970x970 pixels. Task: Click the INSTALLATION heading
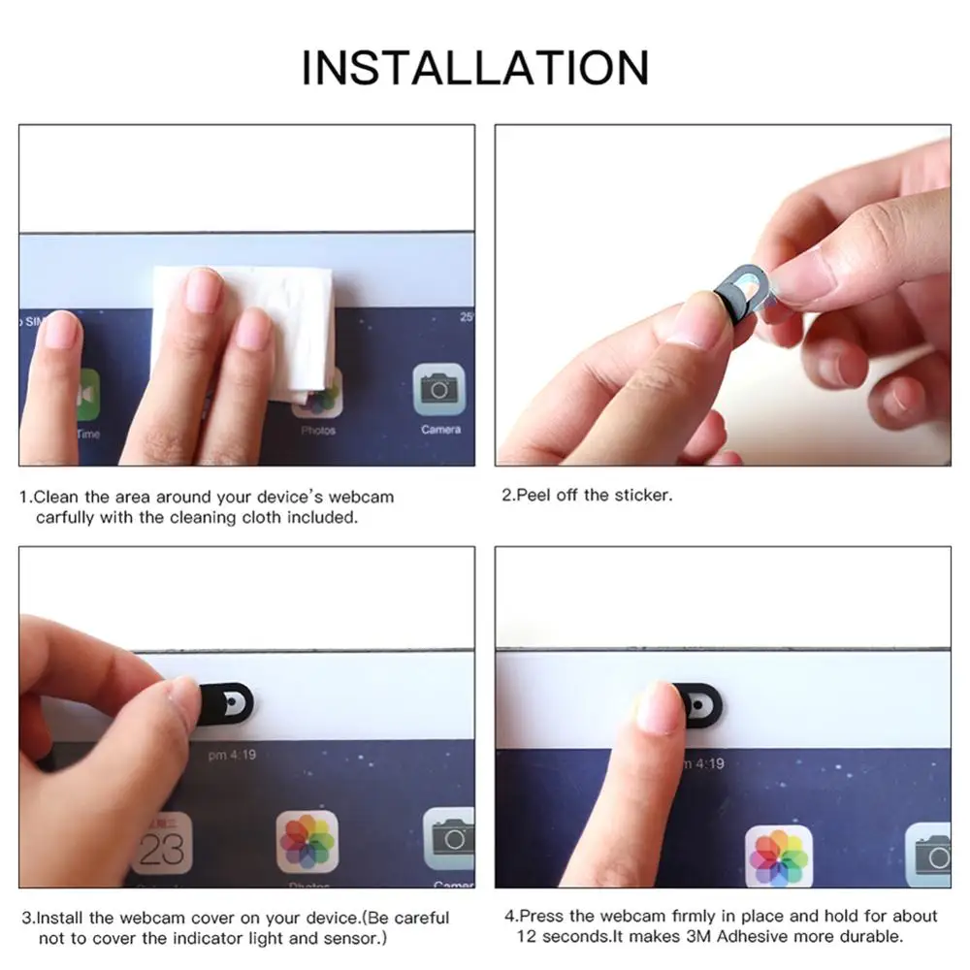pyautogui.click(x=474, y=67)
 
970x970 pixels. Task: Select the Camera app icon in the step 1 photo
pyautogui.click(x=439, y=390)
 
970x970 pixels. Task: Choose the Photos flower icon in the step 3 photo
pyautogui.click(x=307, y=840)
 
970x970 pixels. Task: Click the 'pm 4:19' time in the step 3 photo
pyautogui.click(x=232, y=755)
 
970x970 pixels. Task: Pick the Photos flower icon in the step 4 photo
pyautogui.click(x=778, y=856)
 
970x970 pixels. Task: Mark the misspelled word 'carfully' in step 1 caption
pyautogui.click(x=66, y=517)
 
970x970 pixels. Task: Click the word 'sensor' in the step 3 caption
pyautogui.click(x=351, y=938)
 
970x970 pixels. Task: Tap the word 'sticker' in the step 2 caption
pyautogui.click(x=639, y=495)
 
